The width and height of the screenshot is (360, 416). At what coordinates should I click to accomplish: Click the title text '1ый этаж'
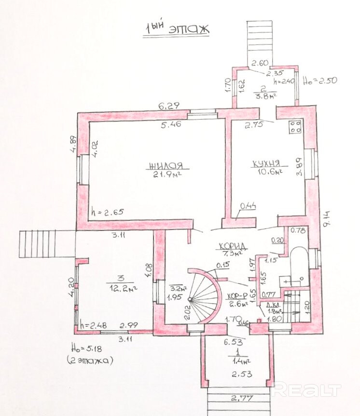(177, 29)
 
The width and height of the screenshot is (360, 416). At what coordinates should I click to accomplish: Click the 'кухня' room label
(265, 163)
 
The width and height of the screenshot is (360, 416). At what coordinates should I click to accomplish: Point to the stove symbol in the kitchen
(295, 127)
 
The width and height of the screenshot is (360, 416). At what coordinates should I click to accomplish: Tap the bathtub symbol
(296, 267)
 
